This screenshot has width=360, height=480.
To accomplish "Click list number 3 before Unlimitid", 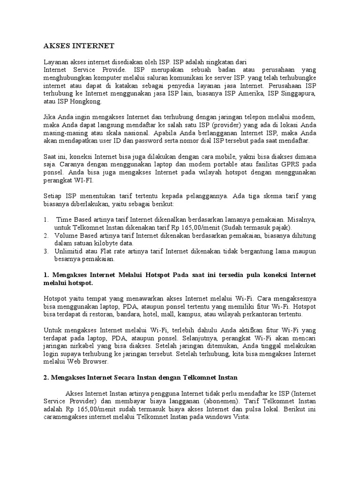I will pos(45,251).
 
